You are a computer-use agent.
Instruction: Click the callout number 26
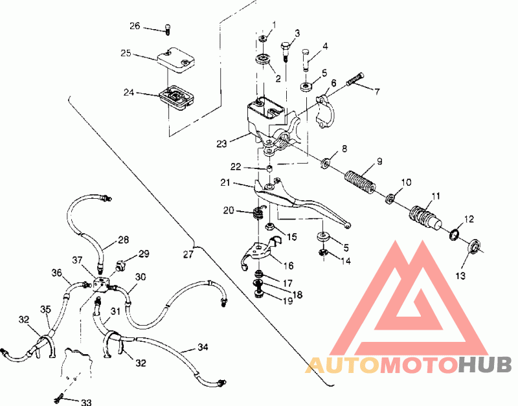tap(135, 26)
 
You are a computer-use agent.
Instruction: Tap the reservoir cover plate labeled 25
tap(175, 60)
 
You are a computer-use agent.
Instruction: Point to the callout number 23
tap(221, 144)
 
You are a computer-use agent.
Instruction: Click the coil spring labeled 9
tap(360, 182)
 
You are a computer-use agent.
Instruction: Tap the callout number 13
tap(460, 275)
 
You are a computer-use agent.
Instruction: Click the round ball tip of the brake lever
tap(347, 225)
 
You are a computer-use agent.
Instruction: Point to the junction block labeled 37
tap(101, 284)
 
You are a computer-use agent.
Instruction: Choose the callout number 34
tap(203, 347)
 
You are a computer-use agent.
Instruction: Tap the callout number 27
tap(188, 254)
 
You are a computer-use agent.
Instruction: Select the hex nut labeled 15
tap(270, 227)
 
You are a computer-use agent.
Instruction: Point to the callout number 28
tap(123, 240)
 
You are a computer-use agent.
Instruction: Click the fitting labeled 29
tap(119, 265)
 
